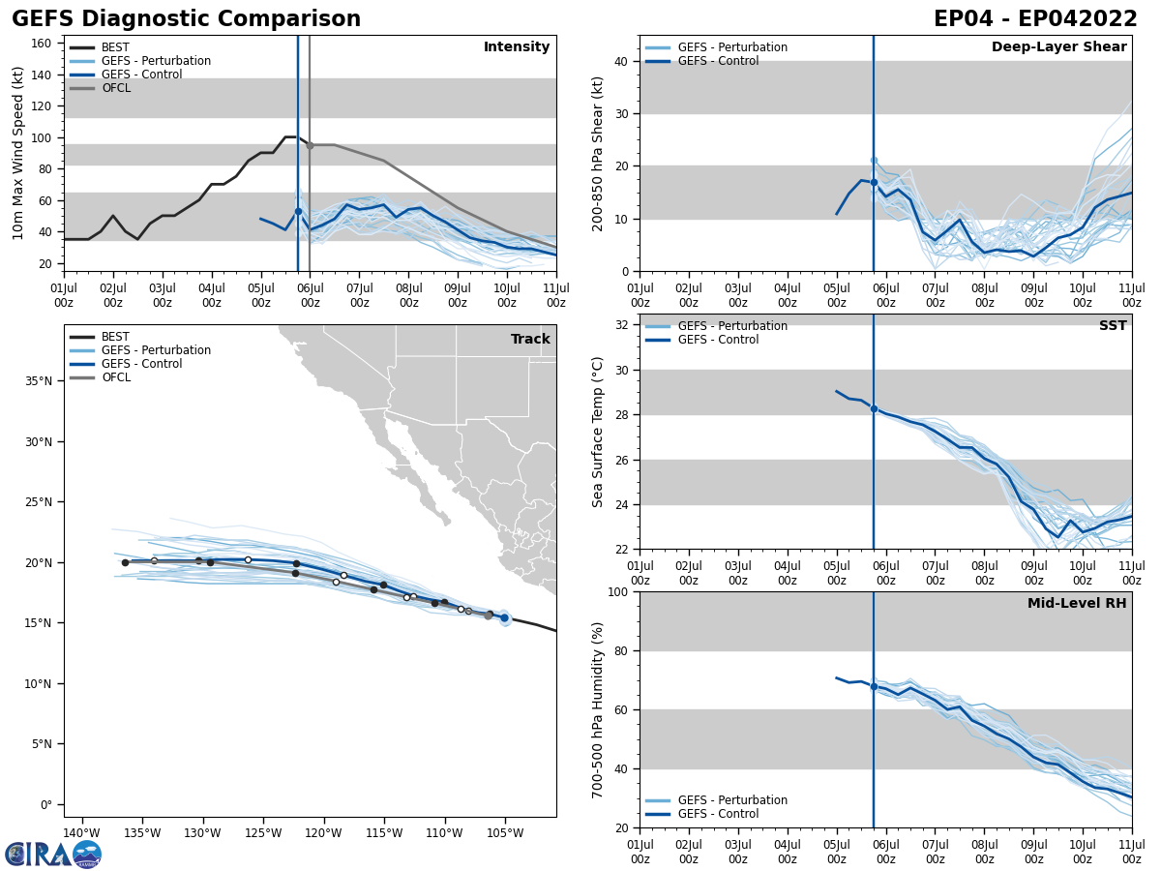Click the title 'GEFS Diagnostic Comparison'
pyautogui.click(x=186, y=19)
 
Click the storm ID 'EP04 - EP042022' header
pyautogui.click(x=1035, y=19)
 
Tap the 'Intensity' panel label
pyautogui.click(x=517, y=47)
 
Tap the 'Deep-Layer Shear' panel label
pyautogui.click(x=1058, y=47)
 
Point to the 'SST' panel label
pyautogui.click(x=1113, y=326)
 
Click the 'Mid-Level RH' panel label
pyautogui.click(x=1077, y=604)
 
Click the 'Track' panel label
pyautogui.click(x=530, y=340)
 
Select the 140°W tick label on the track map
pyautogui.click(x=82, y=834)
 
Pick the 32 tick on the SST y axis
pyautogui.click(x=622, y=325)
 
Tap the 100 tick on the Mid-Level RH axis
pyautogui.click(x=618, y=591)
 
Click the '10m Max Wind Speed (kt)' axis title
pyautogui.click(x=18, y=153)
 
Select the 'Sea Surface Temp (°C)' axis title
pyautogui.click(x=598, y=432)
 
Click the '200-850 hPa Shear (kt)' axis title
pyautogui.click(x=598, y=153)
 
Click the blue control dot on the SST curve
pyautogui.click(x=874, y=408)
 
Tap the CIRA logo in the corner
pyautogui.click(x=53, y=855)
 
